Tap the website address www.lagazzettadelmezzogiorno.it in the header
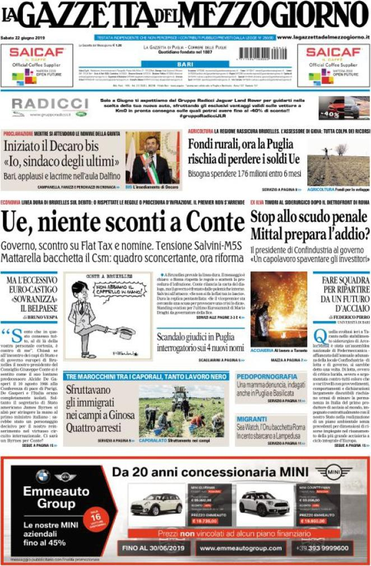coord(323,37)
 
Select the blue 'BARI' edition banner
coord(186,65)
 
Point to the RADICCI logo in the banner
coord(50,105)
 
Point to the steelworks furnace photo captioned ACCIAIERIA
coord(279,309)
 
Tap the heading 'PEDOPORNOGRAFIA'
coord(267,376)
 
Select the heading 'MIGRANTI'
coord(252,418)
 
